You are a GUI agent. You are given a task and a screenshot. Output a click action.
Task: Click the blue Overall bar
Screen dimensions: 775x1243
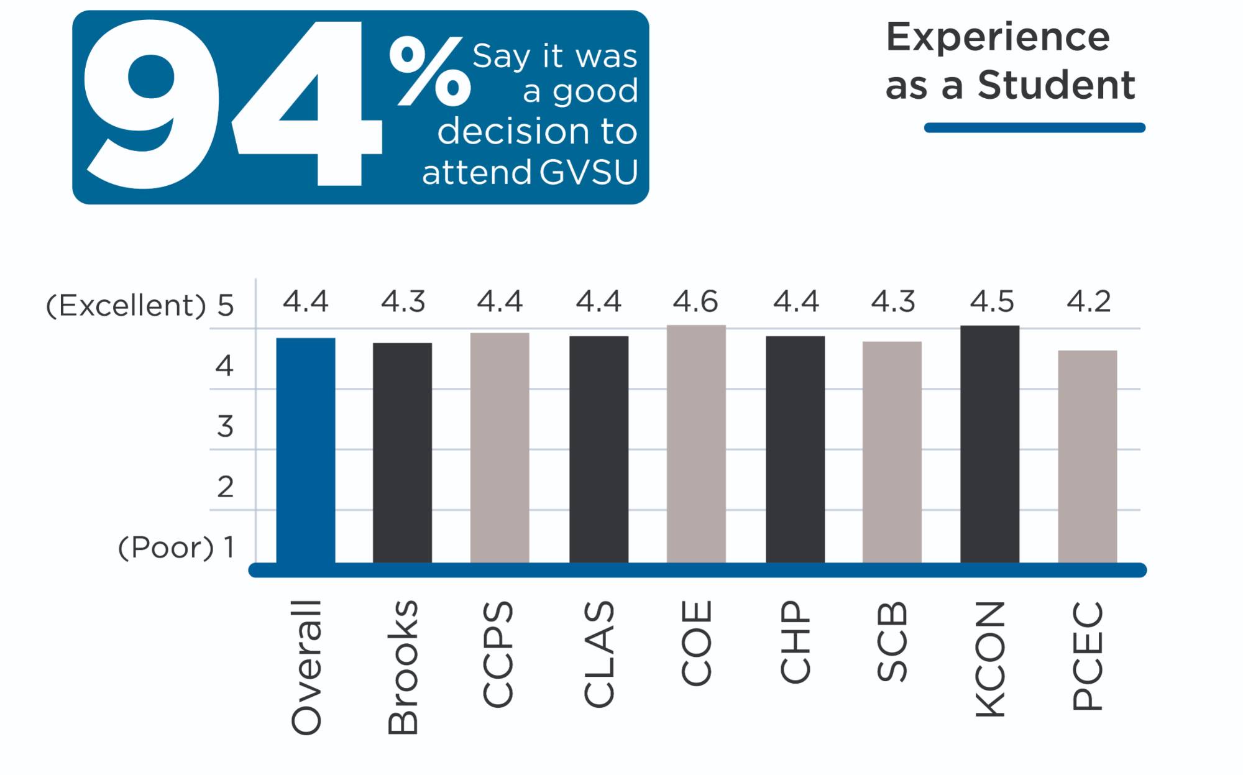tap(306, 451)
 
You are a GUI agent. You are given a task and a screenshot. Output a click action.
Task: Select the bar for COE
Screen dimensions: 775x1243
tap(696, 444)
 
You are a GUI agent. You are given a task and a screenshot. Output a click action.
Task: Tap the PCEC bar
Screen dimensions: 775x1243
tap(1088, 457)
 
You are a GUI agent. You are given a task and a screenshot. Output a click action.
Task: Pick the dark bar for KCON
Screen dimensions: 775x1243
tap(989, 444)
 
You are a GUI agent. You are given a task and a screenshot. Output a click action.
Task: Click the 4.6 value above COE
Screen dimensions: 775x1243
tap(695, 302)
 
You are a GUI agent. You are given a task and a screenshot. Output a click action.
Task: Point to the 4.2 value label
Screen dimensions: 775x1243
tap(1088, 302)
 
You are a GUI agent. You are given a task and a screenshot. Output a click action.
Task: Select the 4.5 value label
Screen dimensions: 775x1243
tap(991, 302)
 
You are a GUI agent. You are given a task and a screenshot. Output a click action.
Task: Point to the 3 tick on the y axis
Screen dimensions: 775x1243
tap(225, 427)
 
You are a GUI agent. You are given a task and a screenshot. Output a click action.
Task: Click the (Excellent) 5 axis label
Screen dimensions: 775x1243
tap(140, 306)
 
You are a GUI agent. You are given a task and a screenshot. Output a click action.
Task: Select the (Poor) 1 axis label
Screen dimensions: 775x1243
tap(177, 548)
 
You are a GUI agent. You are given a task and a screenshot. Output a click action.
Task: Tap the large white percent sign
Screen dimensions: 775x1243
tap(429, 71)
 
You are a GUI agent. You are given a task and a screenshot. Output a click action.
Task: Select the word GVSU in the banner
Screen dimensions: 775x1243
tap(588, 172)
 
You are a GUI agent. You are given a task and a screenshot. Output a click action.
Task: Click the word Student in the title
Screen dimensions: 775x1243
tap(1056, 85)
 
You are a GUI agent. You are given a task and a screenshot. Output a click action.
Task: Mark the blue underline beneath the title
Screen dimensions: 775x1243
tap(1034, 127)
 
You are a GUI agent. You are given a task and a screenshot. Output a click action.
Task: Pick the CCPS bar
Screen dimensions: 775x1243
tap(500, 447)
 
